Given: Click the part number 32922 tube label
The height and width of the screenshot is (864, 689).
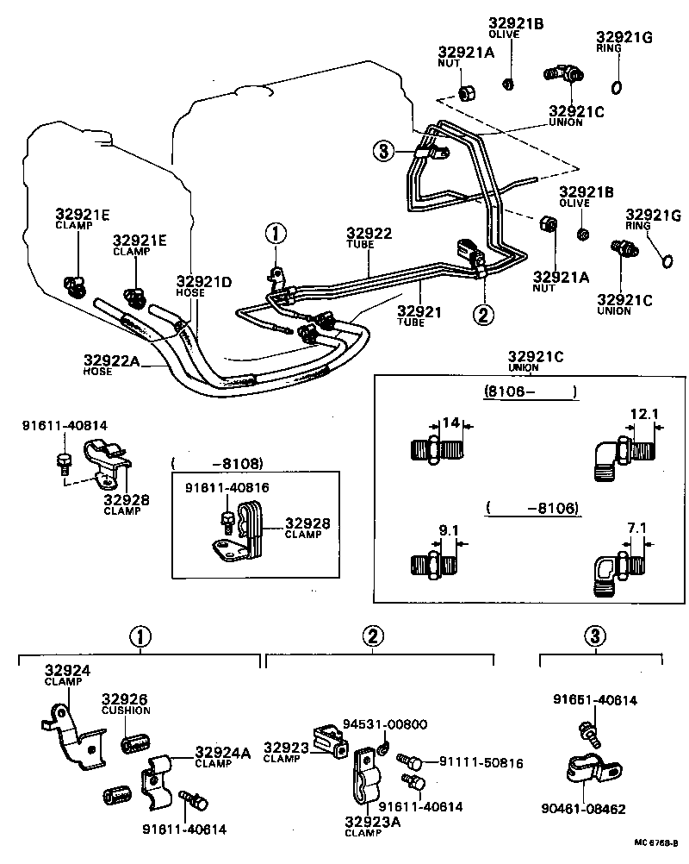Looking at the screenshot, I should [x=369, y=233].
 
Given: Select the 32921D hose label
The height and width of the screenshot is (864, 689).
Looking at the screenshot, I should [x=204, y=282].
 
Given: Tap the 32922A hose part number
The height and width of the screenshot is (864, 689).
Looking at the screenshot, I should [x=111, y=360].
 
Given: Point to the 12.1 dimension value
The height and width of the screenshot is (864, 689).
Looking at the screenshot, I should [x=643, y=414].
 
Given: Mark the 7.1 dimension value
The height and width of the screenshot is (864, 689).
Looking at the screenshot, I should [x=636, y=527].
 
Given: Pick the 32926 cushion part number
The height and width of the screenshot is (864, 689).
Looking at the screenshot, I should [x=125, y=699].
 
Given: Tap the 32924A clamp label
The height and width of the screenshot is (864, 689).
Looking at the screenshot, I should [x=222, y=752].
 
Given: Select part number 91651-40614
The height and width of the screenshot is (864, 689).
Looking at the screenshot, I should [x=594, y=700].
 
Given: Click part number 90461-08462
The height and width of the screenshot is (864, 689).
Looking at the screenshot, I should [x=583, y=810].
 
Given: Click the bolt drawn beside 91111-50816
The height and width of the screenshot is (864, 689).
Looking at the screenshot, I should [x=409, y=762].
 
